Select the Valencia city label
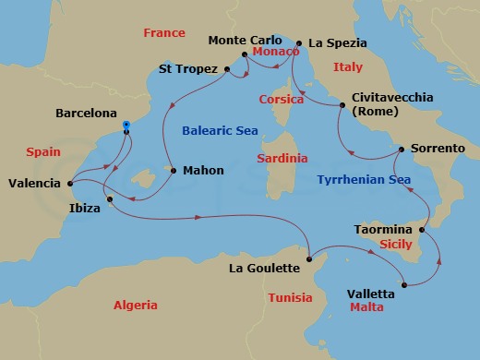34,183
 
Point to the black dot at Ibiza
110,199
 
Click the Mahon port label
203,171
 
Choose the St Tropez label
188,69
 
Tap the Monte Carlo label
244,41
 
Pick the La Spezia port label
337,42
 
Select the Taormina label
383,227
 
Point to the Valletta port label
371,294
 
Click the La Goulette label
265,269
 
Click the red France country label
164,33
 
